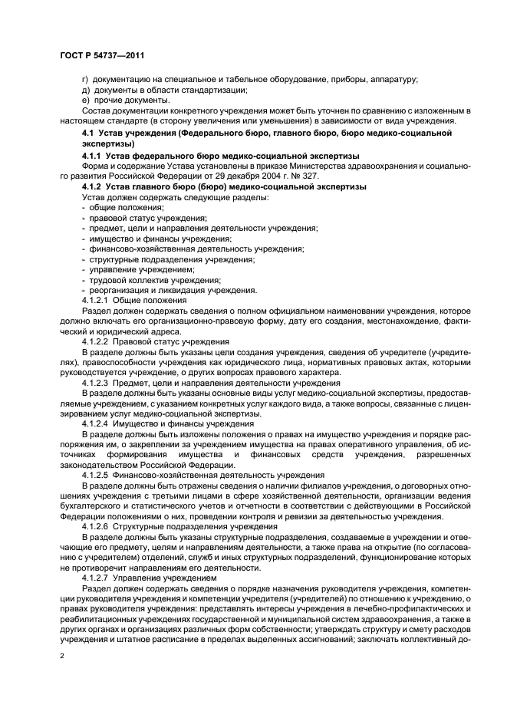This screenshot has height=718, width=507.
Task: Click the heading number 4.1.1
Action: coord(94,156)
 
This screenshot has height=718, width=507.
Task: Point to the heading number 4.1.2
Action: coord(94,187)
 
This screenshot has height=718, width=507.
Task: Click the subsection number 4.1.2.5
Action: coord(95,475)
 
